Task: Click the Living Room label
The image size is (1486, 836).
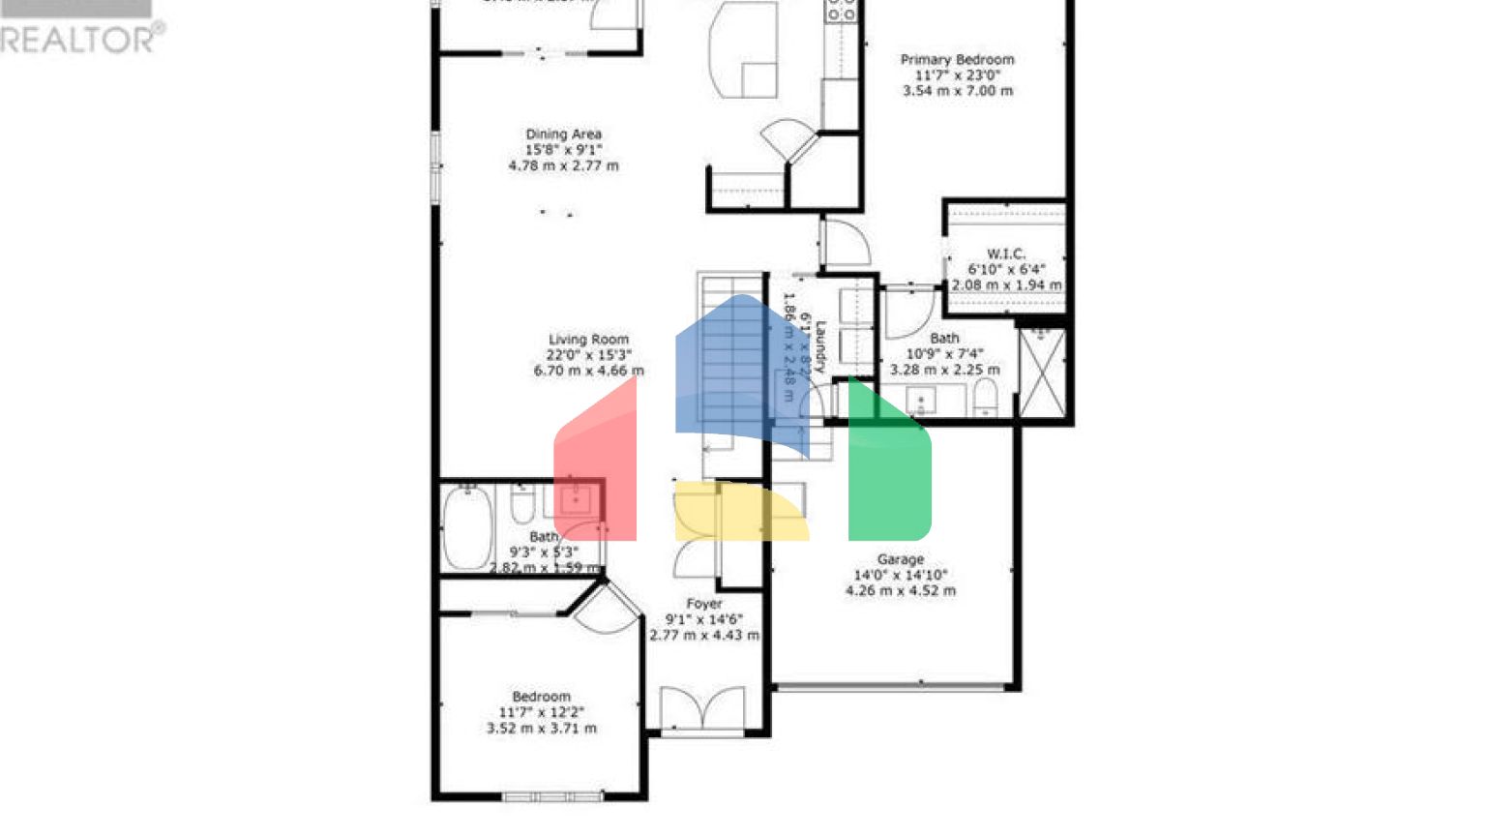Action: (588, 340)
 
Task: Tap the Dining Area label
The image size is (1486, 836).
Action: (563, 134)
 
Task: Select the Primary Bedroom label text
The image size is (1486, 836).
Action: (957, 60)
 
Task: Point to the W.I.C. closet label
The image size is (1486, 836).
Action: (1006, 254)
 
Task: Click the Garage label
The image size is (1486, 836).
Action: (900, 559)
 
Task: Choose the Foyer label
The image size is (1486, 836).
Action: (704, 604)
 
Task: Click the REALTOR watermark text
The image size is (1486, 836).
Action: (82, 39)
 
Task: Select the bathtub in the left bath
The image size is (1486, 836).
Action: (467, 527)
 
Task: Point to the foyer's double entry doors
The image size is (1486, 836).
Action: (702, 709)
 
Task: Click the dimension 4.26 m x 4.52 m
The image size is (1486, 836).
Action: (900, 590)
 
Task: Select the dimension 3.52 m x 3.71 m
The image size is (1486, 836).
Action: (541, 728)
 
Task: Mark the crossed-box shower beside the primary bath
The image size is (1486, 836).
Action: (1042, 373)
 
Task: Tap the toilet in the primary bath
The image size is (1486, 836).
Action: (985, 398)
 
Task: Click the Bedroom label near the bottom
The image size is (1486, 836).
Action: (541, 697)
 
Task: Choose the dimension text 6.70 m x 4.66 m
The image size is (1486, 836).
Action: (588, 371)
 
